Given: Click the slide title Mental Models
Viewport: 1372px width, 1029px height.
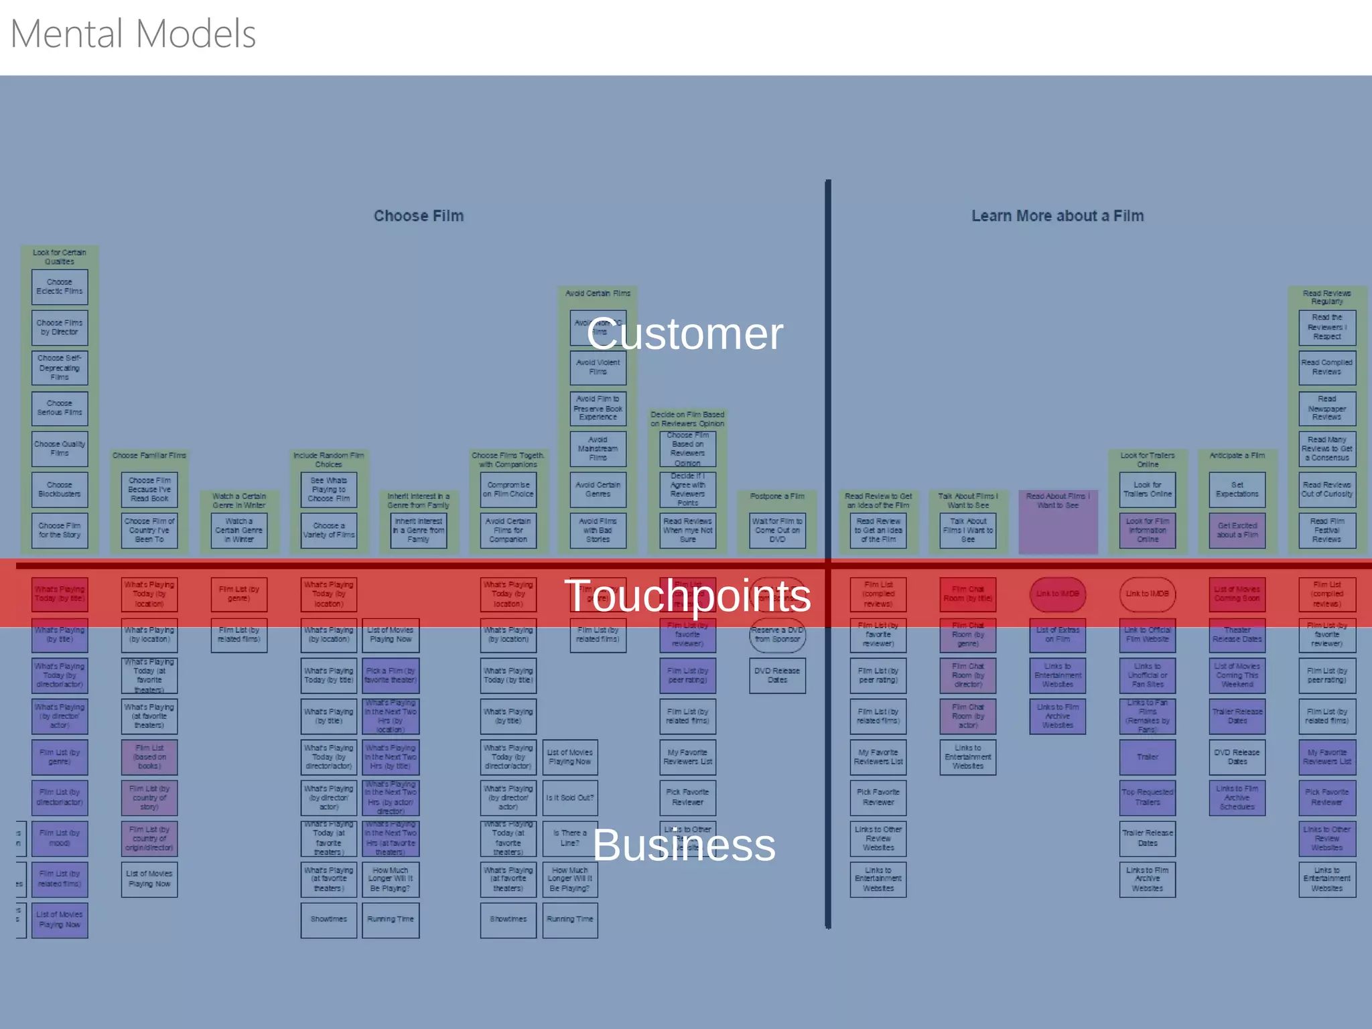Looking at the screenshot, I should pos(133,34).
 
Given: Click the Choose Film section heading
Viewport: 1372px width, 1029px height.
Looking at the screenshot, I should pos(418,216).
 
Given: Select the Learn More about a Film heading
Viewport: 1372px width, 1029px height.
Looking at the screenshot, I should pos(1057,216).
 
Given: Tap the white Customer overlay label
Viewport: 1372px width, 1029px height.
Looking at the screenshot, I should pos(684,334).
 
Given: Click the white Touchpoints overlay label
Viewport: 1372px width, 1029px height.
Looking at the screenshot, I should pos(687,595).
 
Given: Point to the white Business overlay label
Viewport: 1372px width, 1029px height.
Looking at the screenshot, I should pos(684,845).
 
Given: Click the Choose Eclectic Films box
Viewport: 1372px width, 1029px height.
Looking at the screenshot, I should pos(60,287).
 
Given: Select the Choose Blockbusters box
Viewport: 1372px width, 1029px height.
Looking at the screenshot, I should pos(60,489).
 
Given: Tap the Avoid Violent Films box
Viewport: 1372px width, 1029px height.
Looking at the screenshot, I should pos(598,367).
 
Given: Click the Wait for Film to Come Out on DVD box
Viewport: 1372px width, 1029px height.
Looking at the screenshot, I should pos(777,530).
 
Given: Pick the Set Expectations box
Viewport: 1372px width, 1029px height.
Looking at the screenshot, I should pos(1237,489).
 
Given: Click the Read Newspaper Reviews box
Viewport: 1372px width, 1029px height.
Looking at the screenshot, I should pos(1326,408).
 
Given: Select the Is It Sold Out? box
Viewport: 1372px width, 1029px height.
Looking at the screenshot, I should pos(570,797).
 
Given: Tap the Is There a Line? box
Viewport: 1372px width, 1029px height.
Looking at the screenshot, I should pos(570,838).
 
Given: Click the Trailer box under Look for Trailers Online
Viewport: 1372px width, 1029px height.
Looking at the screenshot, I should pos(1147,757).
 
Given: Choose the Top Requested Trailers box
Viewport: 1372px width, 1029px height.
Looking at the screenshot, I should pos(1147,797).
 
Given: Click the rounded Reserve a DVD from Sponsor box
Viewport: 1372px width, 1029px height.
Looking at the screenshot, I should pos(777,635).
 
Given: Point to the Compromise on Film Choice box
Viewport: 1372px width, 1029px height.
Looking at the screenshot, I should pos(508,489).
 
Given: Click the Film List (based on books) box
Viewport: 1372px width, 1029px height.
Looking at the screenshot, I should pos(149,757).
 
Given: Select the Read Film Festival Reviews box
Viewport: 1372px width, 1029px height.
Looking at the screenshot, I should pos(1326,530).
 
